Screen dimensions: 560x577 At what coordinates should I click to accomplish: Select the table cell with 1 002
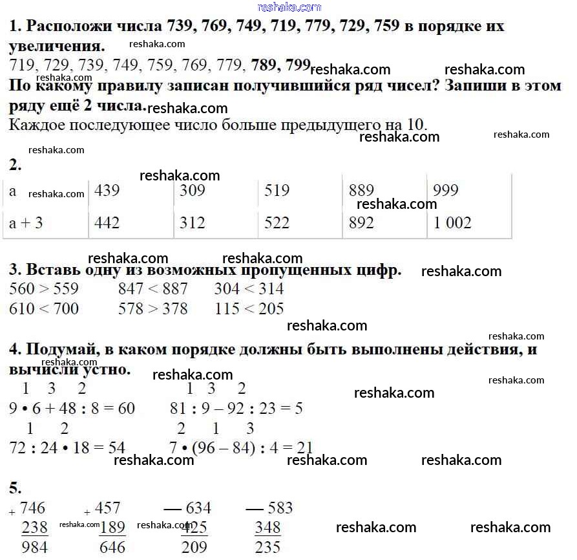(x=452, y=223)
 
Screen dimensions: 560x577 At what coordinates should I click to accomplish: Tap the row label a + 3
(x=26, y=223)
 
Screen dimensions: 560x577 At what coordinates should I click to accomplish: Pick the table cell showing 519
(x=277, y=191)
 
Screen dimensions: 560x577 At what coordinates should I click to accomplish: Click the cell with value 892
(x=361, y=223)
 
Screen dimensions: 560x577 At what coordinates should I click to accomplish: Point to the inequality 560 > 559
(x=44, y=289)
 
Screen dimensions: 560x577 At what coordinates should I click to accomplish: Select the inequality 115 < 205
(x=249, y=309)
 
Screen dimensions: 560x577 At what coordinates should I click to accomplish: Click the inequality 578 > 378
(x=152, y=309)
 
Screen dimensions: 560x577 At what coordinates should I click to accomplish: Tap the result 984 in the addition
(x=35, y=548)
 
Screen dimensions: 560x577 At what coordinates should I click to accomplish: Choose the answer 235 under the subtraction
(x=268, y=548)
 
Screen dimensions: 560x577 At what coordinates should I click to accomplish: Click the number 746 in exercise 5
(x=33, y=508)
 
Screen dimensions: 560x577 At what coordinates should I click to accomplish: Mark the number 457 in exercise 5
(x=107, y=508)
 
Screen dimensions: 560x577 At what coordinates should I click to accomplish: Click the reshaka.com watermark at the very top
(x=289, y=7)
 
